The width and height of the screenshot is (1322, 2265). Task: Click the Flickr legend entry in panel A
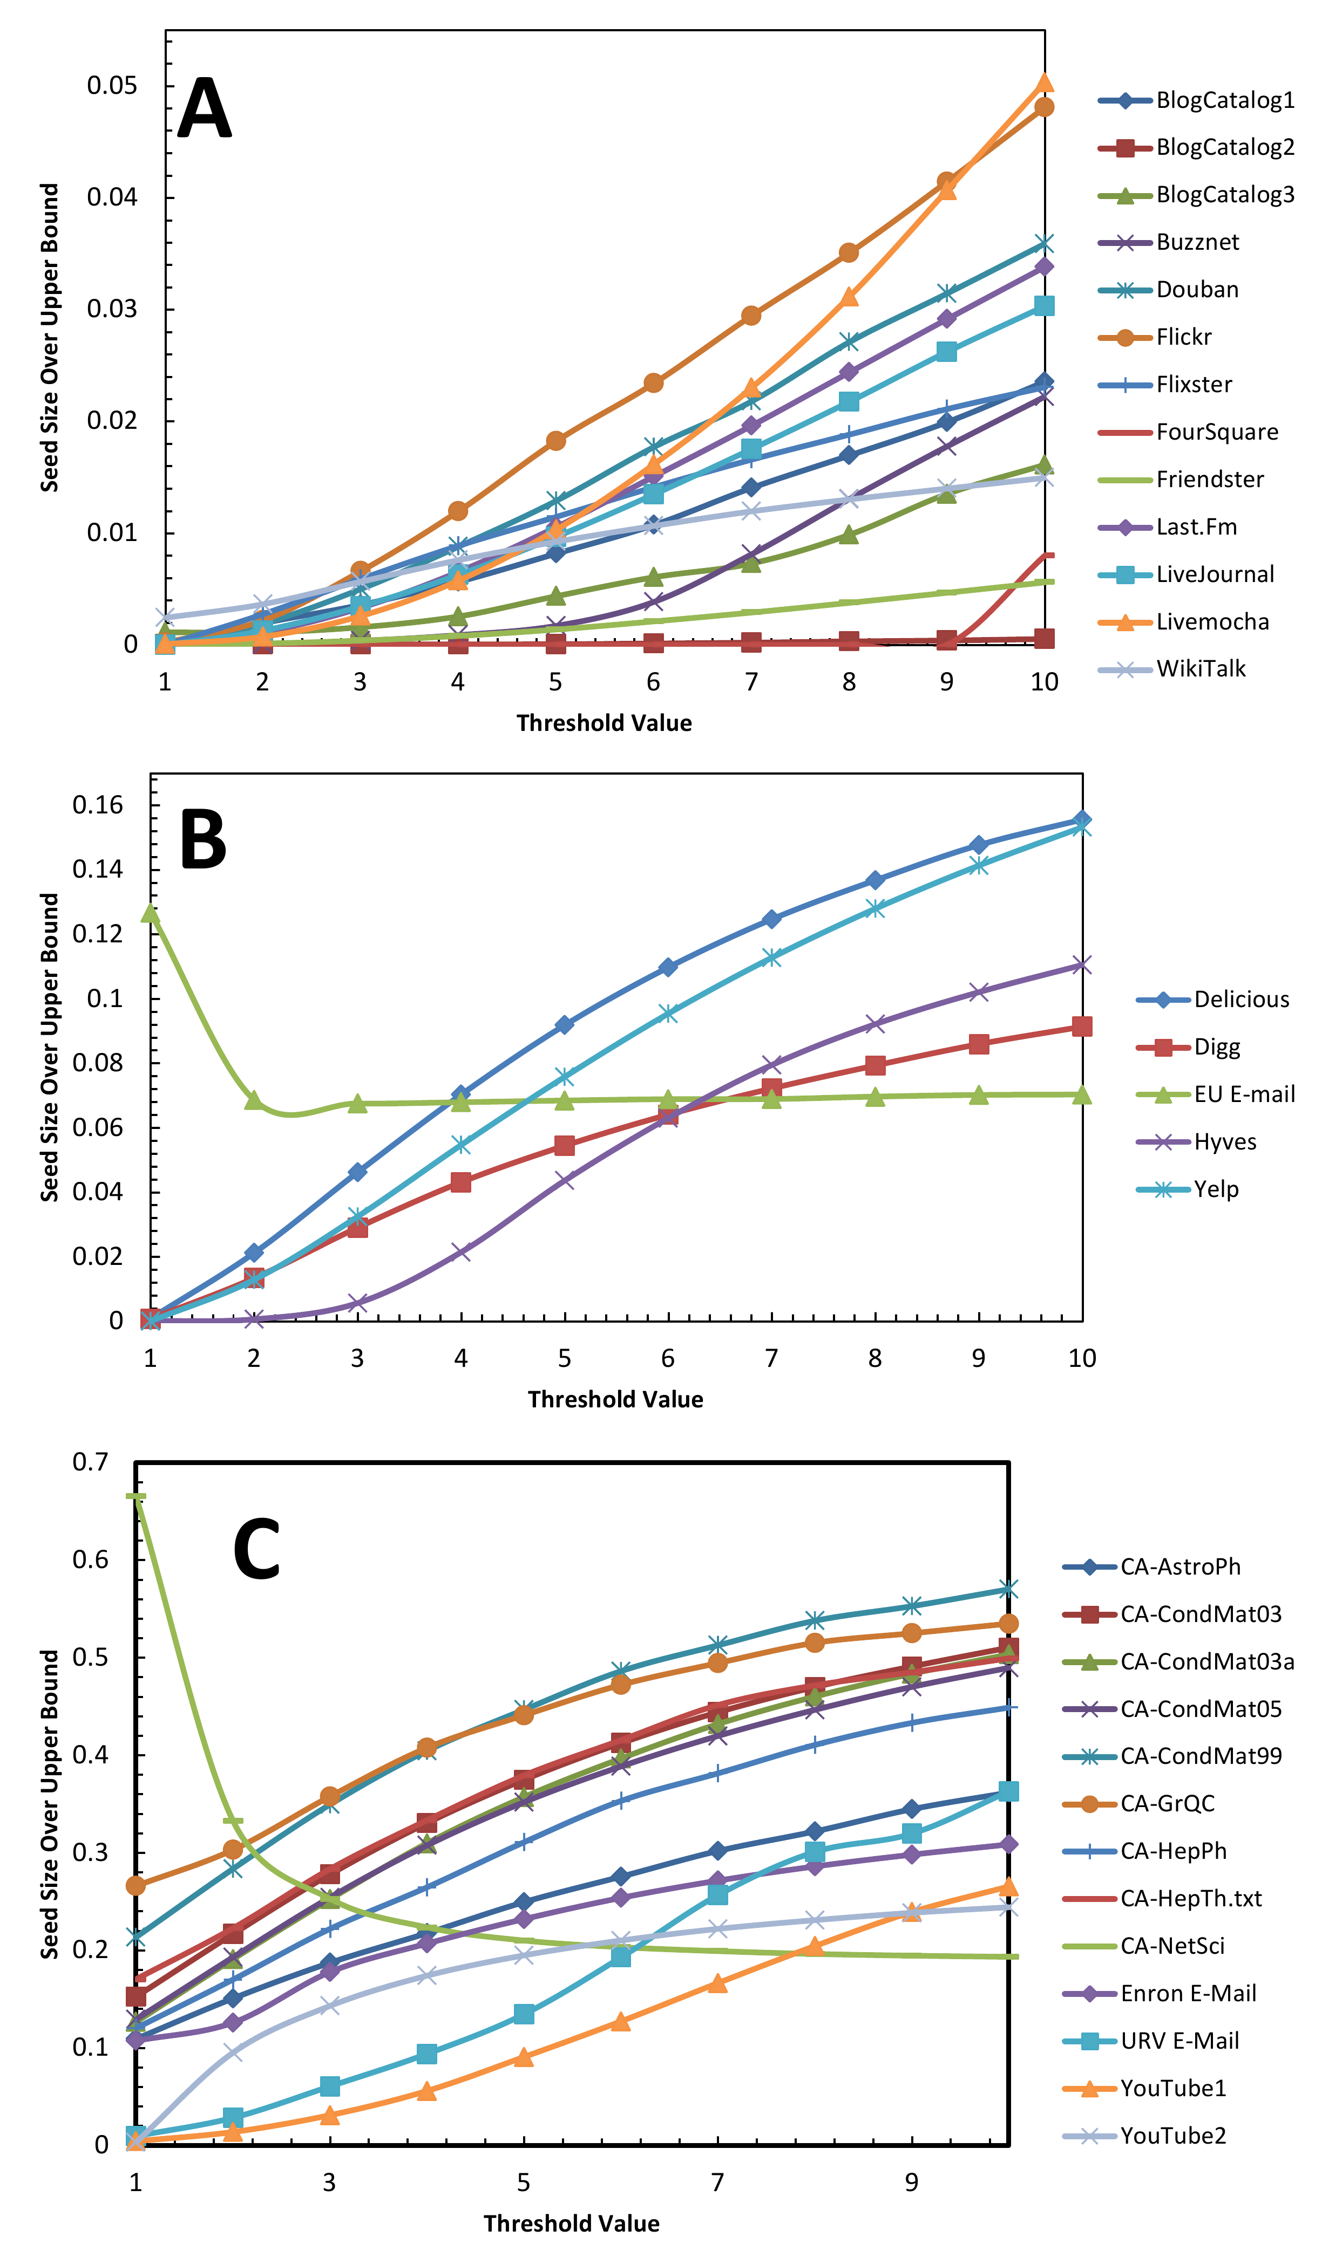coord(1183,337)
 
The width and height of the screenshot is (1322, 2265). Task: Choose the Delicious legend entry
coord(1241,1000)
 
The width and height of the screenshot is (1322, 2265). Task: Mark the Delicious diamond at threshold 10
coord(1082,820)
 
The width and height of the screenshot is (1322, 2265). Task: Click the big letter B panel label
coord(204,839)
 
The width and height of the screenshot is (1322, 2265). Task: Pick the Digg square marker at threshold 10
coord(1082,1027)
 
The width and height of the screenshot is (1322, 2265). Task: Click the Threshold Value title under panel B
coord(615,1399)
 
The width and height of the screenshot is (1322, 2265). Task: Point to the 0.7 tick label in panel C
coord(90,1462)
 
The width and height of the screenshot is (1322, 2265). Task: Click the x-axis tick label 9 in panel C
coord(911,2182)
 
